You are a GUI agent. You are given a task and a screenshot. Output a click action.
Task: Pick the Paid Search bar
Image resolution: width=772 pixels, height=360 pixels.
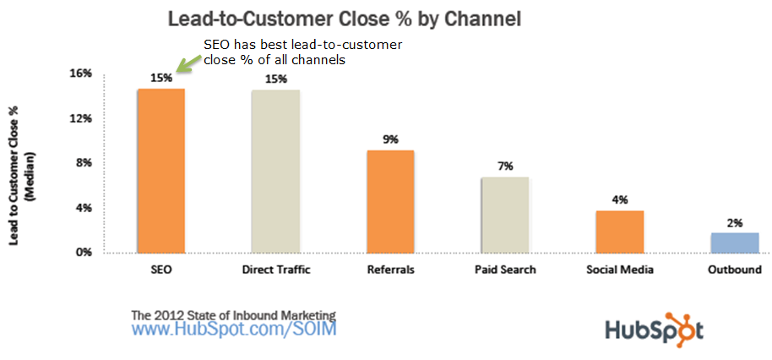pos(504,215)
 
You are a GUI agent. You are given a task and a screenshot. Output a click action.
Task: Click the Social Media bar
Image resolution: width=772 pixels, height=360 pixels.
pos(619,232)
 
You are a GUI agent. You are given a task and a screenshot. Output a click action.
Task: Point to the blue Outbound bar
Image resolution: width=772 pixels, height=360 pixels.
pos(734,243)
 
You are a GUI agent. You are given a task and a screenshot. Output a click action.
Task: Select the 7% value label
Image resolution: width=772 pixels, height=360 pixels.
pos(505,166)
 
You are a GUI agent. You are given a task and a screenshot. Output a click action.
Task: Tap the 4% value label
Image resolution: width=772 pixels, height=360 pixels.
pos(619,200)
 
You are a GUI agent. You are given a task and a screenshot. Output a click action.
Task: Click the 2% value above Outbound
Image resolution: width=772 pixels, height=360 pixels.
pos(734,222)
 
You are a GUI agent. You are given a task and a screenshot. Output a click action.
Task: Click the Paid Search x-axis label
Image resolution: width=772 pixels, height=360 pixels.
pos(505,270)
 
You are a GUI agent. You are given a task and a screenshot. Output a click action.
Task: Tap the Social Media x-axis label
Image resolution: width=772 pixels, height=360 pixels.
pos(619,270)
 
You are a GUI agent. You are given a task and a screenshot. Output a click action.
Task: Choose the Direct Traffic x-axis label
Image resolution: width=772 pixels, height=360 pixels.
pos(275,270)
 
